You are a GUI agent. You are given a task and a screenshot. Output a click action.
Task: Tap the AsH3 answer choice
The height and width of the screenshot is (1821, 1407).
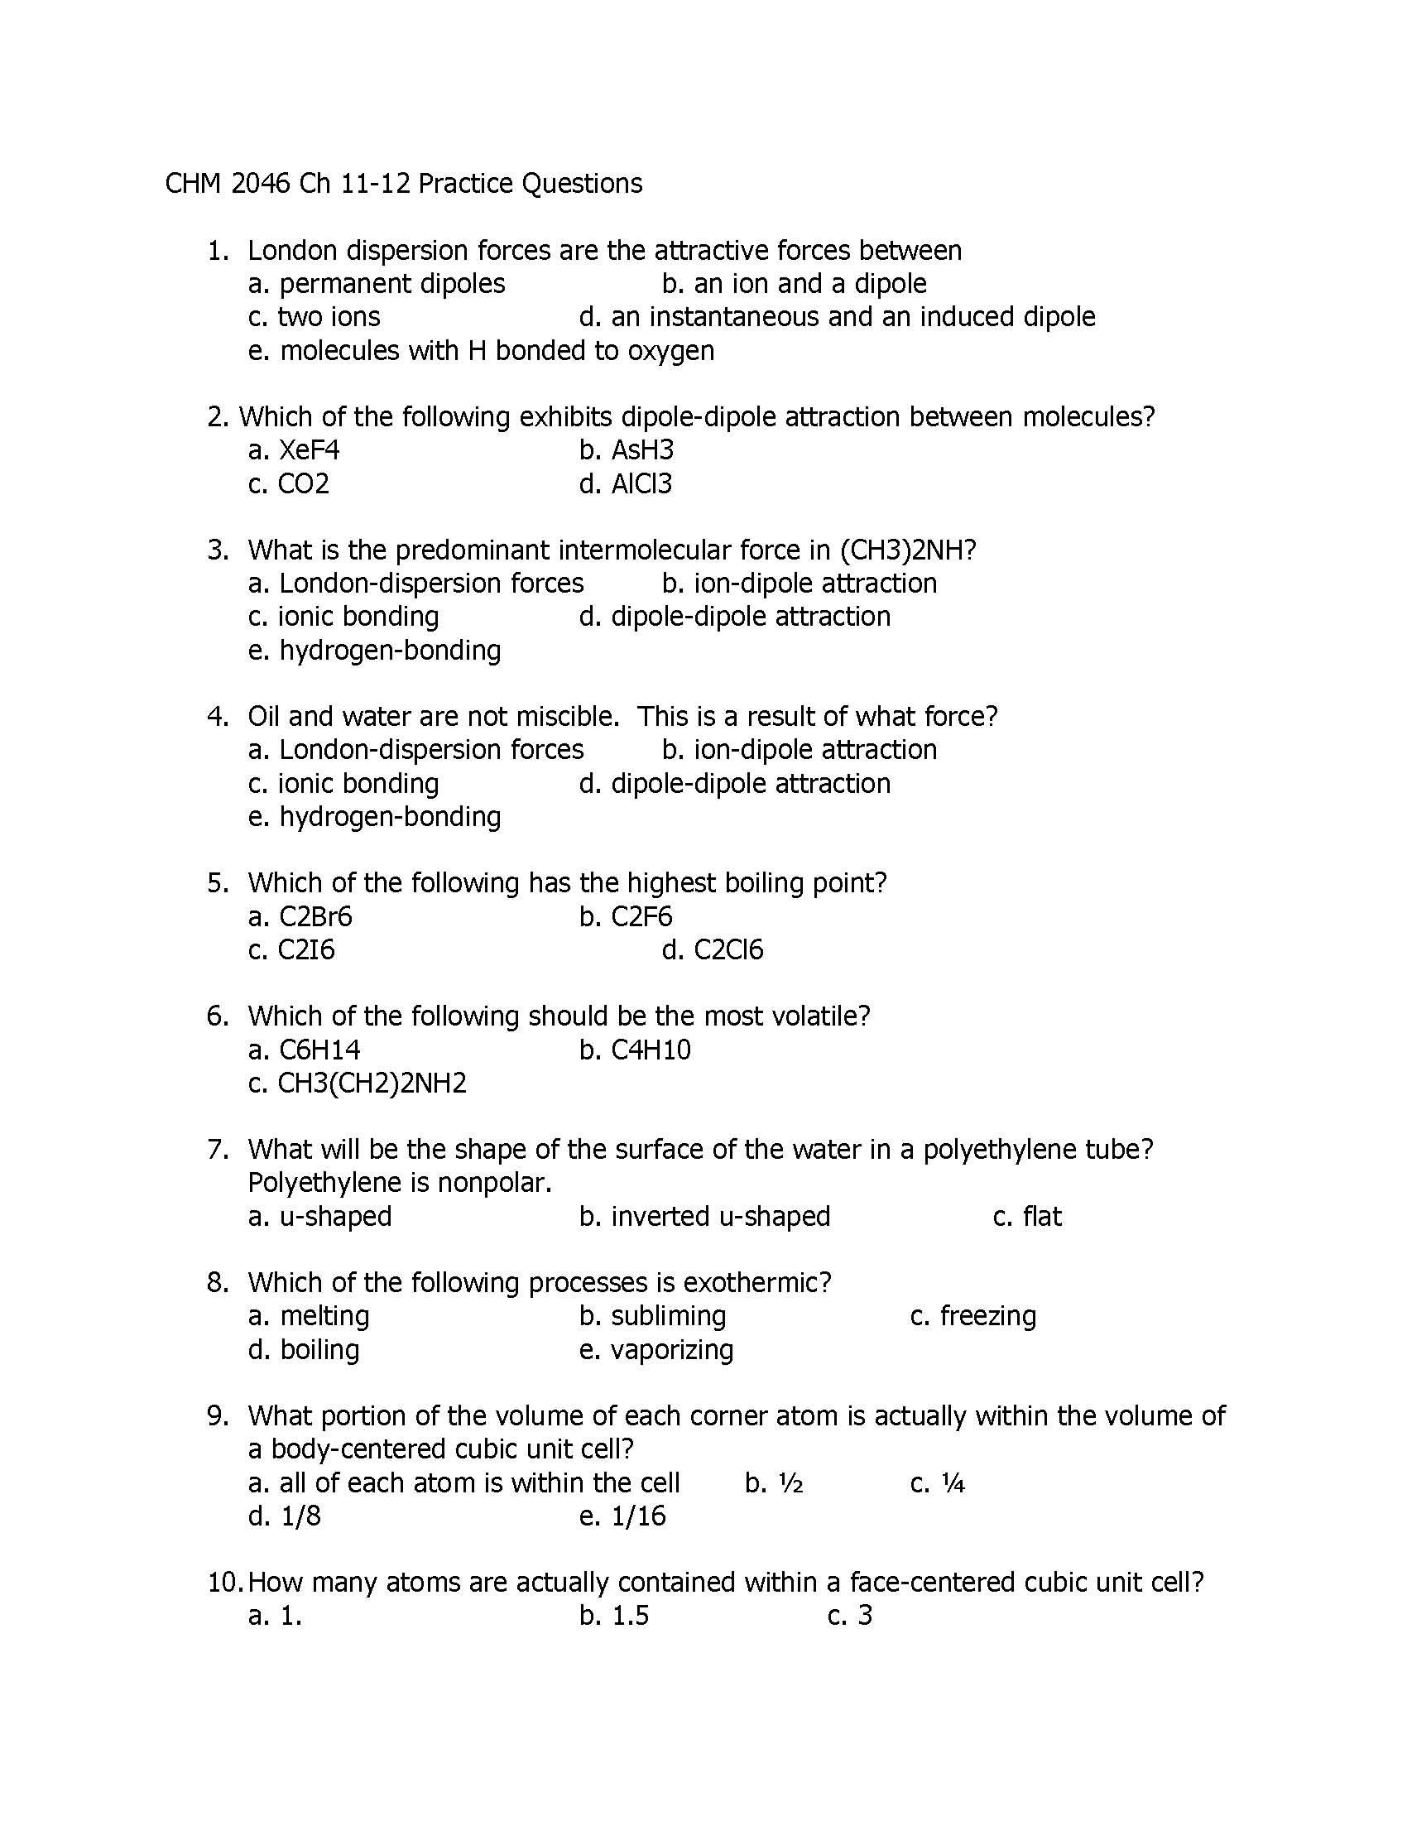641,450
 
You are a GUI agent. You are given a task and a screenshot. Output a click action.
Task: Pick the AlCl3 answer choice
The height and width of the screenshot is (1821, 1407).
641,483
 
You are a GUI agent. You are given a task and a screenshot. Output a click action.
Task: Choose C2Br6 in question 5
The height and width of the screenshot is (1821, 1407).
315,916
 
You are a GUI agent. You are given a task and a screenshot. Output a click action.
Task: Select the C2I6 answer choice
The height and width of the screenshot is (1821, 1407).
306,949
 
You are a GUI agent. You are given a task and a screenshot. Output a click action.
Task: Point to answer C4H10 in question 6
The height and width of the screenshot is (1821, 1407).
651,1050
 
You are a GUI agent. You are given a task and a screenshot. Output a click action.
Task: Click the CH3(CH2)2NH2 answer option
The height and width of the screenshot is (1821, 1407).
372,1083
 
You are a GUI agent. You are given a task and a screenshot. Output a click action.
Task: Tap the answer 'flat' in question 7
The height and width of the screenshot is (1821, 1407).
1042,1217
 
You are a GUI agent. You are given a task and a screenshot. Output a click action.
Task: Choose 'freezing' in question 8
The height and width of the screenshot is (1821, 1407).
987,1317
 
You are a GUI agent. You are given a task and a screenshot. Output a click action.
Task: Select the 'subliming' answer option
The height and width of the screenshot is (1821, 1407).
669,1317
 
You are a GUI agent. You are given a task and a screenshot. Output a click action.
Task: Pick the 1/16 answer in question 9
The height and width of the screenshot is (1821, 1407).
638,1516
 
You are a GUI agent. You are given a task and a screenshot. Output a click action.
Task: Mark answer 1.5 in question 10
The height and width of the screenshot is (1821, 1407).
630,1616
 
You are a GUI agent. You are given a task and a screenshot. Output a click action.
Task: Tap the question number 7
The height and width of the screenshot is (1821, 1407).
218,1150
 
